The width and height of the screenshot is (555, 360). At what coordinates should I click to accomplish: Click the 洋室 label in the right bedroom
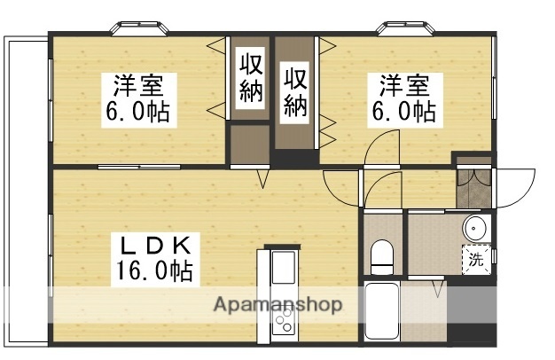405,88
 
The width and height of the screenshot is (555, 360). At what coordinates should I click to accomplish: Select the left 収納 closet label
252,78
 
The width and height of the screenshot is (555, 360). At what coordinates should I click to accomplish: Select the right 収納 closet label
296,90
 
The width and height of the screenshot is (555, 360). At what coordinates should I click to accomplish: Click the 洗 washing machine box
476,260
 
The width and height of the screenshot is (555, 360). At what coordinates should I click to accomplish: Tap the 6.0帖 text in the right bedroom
405,113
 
